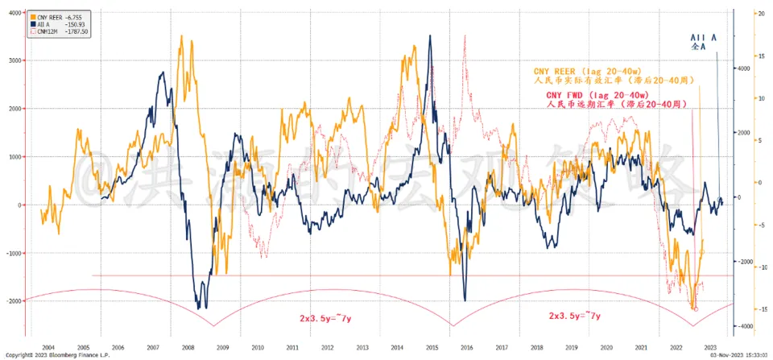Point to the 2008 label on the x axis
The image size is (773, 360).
click(x=188, y=346)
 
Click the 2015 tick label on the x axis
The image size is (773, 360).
click(x=431, y=346)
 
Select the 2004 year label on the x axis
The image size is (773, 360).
click(x=49, y=346)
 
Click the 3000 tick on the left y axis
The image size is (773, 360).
click(x=14, y=60)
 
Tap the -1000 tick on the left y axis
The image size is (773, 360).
click(x=12, y=253)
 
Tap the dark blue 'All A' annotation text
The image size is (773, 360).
click(x=704, y=37)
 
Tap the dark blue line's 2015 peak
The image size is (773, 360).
click(x=430, y=36)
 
